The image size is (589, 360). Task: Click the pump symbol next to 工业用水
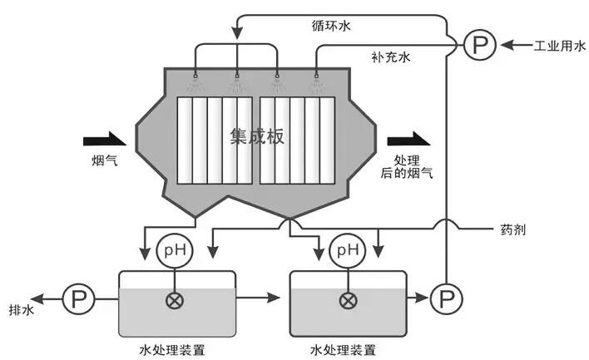tap(478, 45)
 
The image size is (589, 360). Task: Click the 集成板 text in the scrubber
tap(257, 136)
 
